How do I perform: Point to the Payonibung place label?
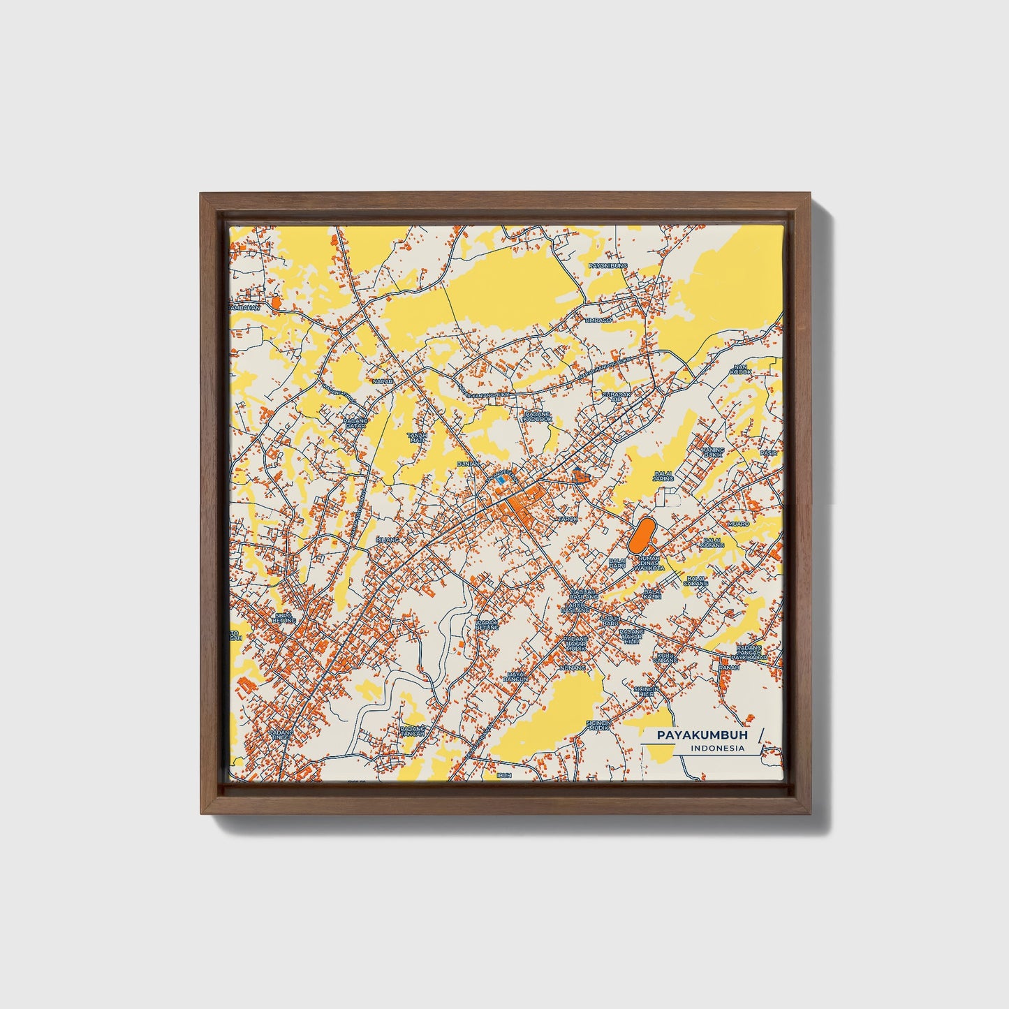coord(608,266)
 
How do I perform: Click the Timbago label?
coord(598,320)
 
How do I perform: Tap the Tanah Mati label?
coord(417,437)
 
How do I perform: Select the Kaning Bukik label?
coord(713,452)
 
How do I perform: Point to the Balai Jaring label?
coord(663,477)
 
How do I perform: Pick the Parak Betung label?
coord(487,624)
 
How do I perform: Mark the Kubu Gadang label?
coord(665,657)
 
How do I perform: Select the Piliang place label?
coord(387,540)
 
